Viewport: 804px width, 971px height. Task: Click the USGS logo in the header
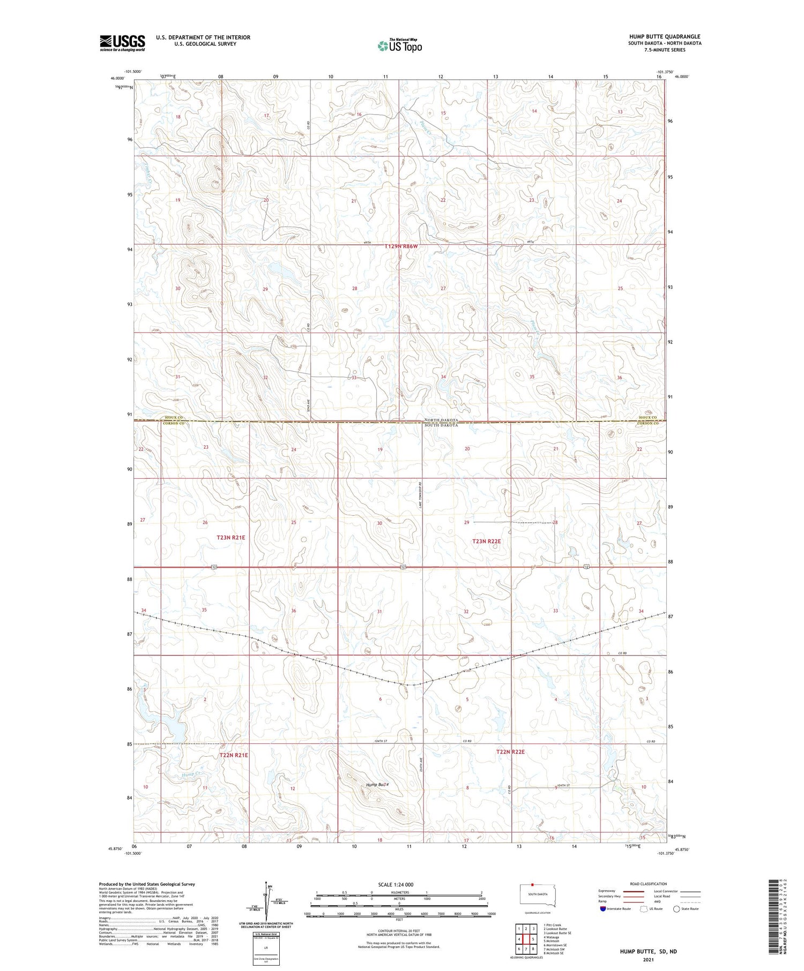point(122,43)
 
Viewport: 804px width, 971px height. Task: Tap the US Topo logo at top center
point(399,46)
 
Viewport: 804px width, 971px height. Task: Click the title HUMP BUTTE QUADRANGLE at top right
point(665,36)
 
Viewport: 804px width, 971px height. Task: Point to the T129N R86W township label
point(400,246)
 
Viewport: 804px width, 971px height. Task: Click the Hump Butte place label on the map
point(376,785)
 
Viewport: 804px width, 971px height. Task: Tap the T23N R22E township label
point(486,541)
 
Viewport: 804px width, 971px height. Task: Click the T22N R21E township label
point(234,755)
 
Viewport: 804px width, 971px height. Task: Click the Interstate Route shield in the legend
point(603,909)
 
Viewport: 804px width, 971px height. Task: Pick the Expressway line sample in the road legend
point(633,891)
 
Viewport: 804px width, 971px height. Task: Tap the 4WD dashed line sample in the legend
point(690,901)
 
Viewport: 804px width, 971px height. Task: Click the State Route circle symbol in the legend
point(676,909)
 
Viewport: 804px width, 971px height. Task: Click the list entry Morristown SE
point(556,945)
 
